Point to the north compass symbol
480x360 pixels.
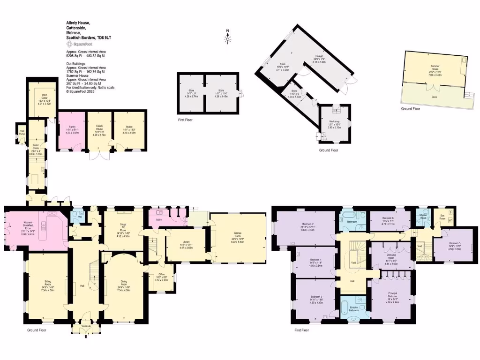click(228, 37)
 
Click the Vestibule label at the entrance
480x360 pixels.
click(86, 325)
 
